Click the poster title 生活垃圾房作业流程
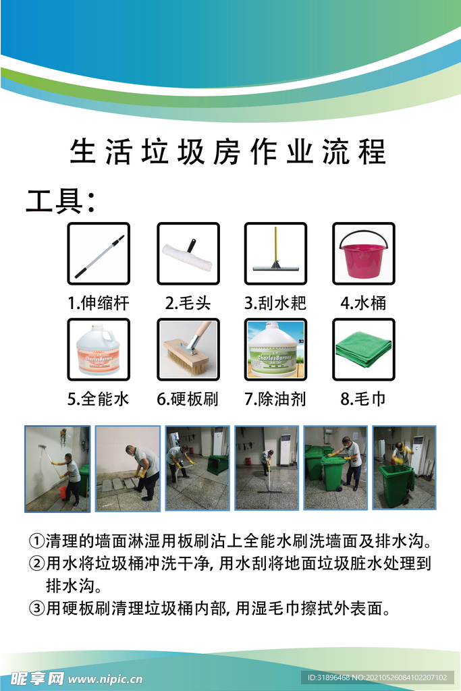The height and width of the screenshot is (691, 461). click(x=228, y=152)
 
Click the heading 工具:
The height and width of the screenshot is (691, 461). click(x=60, y=201)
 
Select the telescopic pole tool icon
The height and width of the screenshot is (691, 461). click(x=99, y=254)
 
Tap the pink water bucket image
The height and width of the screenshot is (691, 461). click(x=364, y=254)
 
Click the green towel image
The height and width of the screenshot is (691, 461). click(x=363, y=349)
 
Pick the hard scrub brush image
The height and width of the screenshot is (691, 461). click(x=188, y=349)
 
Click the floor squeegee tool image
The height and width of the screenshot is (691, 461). click(x=275, y=254)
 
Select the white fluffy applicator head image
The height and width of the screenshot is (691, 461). click(x=188, y=254)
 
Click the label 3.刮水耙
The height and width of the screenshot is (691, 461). click(x=275, y=303)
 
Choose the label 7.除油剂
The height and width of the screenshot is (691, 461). click(x=275, y=399)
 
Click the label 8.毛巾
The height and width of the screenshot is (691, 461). click(x=363, y=399)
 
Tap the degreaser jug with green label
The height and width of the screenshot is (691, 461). click(x=275, y=350)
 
